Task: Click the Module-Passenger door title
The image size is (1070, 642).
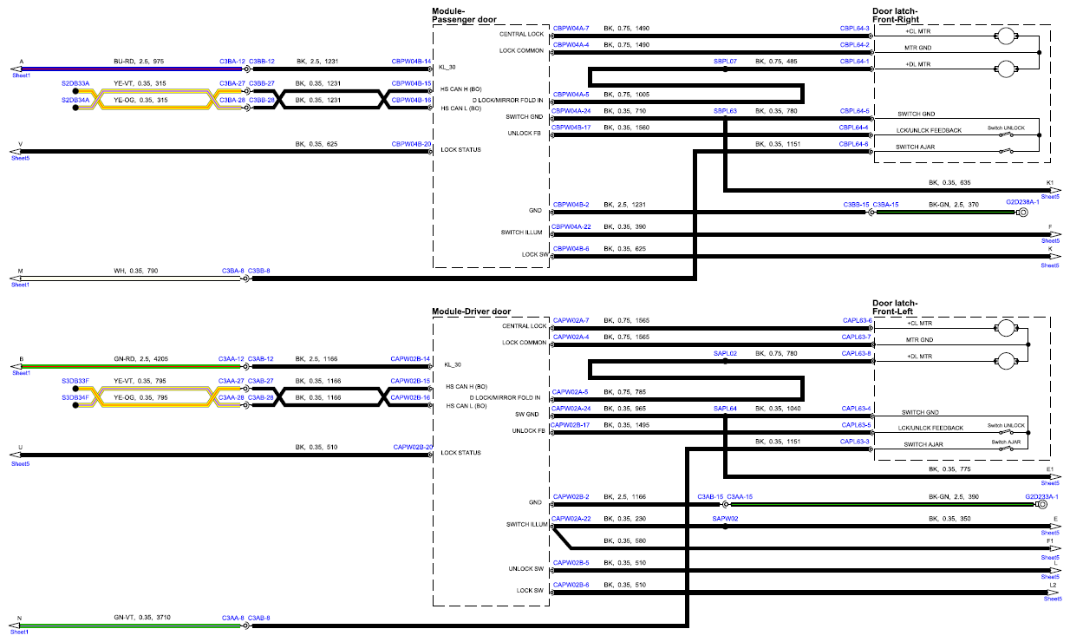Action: (464, 16)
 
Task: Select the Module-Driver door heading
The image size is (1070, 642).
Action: (471, 311)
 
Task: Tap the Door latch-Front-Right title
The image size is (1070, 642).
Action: (895, 16)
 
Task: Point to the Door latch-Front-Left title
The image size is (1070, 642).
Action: (895, 307)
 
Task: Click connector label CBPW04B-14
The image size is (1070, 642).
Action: (411, 62)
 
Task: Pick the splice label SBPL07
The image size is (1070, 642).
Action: (725, 62)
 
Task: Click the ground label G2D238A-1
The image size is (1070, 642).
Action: (1022, 202)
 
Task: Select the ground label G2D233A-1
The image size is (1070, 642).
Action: (1041, 496)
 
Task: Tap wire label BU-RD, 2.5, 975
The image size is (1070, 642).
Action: (139, 62)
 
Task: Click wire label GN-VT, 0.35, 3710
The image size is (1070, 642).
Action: (142, 617)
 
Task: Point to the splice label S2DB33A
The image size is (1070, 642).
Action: (75, 83)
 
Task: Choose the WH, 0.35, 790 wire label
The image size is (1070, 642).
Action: (135, 271)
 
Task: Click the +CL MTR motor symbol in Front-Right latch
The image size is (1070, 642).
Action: (1006, 36)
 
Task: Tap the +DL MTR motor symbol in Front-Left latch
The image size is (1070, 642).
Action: (1006, 361)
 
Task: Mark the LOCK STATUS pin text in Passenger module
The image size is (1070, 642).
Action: (460, 149)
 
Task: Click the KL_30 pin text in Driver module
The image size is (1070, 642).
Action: (453, 364)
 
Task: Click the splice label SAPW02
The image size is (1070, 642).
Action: (725, 519)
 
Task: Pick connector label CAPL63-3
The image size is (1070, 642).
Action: (855, 442)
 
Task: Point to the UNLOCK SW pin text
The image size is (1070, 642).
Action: (526, 569)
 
